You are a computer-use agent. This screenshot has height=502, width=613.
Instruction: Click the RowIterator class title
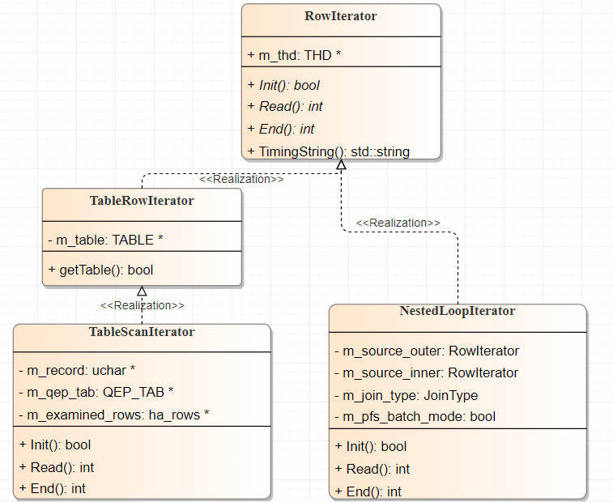(x=341, y=16)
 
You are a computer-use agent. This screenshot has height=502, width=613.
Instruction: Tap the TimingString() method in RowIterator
(x=334, y=151)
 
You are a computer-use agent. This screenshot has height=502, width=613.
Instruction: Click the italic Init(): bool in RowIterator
(x=289, y=85)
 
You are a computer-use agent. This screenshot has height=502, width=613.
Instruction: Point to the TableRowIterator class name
(x=142, y=200)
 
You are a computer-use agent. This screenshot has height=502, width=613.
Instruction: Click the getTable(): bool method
(x=100, y=270)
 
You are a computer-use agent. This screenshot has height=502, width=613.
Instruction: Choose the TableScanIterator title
(x=142, y=332)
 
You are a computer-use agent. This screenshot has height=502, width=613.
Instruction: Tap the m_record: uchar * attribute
(x=76, y=370)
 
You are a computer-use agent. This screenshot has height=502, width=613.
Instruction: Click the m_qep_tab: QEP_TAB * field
(x=96, y=392)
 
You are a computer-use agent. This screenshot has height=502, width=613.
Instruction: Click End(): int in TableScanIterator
(x=52, y=488)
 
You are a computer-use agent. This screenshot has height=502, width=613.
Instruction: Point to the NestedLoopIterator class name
(x=458, y=311)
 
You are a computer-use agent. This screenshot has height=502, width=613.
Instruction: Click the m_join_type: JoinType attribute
(x=406, y=395)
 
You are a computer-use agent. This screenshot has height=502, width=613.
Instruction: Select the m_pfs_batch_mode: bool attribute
(x=415, y=417)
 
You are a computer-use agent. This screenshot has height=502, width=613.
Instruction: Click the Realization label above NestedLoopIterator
(x=398, y=223)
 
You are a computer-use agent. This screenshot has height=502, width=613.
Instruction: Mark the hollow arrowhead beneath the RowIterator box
(x=341, y=164)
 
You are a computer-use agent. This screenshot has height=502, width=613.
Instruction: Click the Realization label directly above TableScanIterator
(x=142, y=305)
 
